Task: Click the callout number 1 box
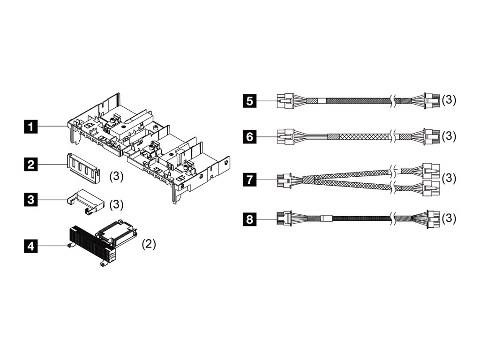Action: pyautogui.click(x=31, y=126)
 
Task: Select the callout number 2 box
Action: pyautogui.click(x=31, y=164)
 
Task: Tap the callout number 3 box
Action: pyautogui.click(x=31, y=200)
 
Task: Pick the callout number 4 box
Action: pyautogui.click(x=31, y=245)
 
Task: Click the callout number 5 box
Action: pyautogui.click(x=249, y=100)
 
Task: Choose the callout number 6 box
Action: pyautogui.click(x=249, y=136)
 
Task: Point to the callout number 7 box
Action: pyautogui.click(x=249, y=179)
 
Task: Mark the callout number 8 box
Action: pyautogui.click(x=249, y=218)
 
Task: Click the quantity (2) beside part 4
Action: pyautogui.click(x=148, y=244)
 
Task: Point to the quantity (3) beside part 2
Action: pyautogui.click(x=116, y=176)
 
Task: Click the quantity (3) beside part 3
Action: pyautogui.click(x=116, y=205)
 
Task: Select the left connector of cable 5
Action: pyautogui.click(x=285, y=100)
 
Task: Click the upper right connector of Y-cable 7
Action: pyautogui.click(x=430, y=170)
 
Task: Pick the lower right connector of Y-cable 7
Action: pyautogui.click(x=430, y=188)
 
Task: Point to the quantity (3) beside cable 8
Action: pyautogui.click(x=449, y=218)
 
